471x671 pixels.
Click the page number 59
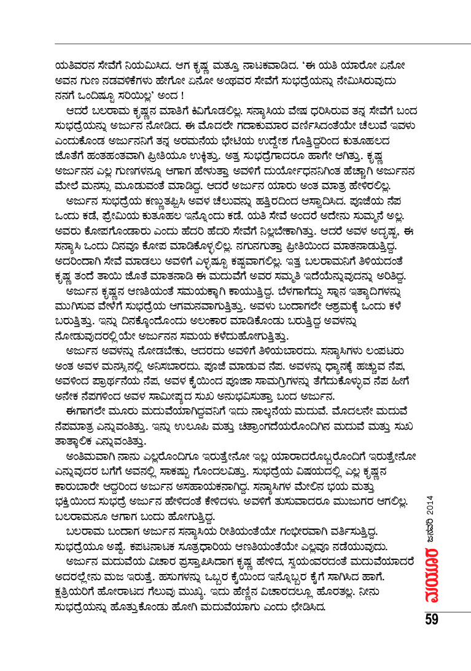click(431, 618)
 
